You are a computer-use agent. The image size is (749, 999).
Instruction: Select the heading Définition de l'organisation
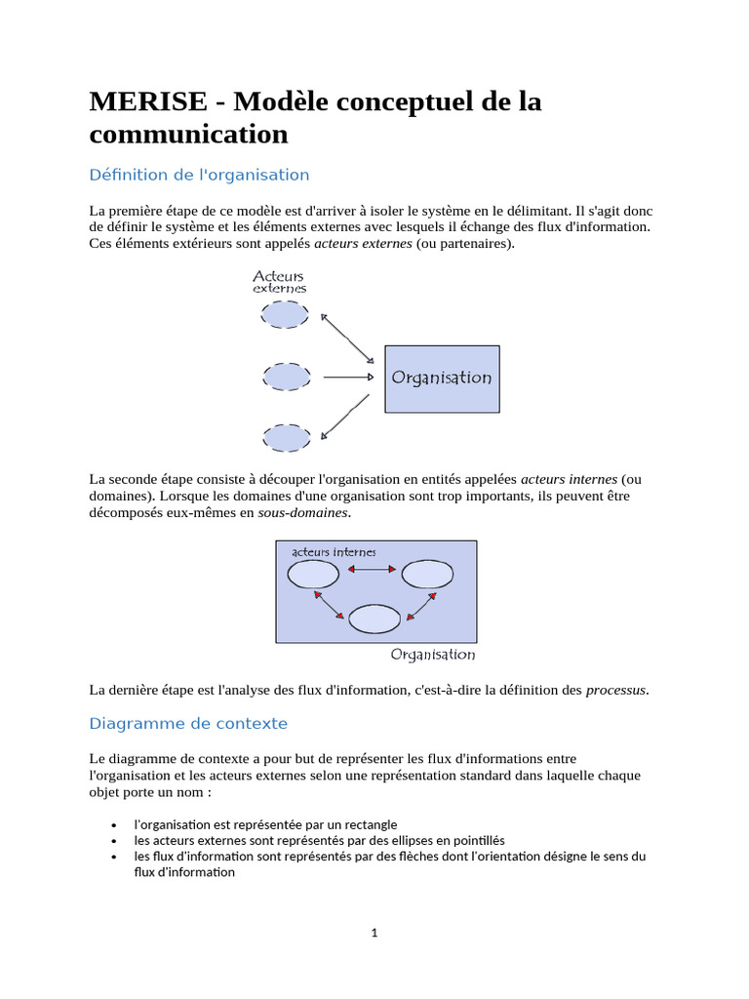[199, 176]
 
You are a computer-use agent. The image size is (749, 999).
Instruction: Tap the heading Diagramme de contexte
[188, 724]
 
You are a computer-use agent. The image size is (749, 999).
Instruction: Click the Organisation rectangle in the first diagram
[442, 378]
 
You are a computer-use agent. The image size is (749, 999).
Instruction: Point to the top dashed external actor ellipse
[285, 315]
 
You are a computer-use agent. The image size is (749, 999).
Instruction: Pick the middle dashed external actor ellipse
[287, 377]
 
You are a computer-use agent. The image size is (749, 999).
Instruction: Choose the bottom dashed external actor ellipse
[288, 438]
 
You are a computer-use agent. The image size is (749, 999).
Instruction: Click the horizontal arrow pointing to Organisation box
[348, 377]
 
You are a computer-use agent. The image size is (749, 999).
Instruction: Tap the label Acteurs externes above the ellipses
[279, 282]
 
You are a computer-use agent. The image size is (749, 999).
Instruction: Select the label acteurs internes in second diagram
[334, 552]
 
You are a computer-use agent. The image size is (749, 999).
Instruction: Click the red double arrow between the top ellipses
[371, 570]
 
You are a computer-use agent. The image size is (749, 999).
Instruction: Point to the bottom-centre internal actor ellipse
[374, 619]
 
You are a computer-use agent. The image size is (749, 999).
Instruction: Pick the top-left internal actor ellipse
[313, 575]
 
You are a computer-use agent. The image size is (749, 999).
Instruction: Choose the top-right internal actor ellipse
[427, 575]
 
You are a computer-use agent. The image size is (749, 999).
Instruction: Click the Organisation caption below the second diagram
[433, 655]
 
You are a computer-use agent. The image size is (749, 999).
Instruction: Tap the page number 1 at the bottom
[374, 933]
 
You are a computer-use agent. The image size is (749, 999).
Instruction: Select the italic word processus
[615, 691]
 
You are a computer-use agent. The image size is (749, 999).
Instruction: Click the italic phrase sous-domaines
[302, 513]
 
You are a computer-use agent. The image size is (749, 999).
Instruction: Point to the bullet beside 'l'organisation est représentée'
[114, 824]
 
